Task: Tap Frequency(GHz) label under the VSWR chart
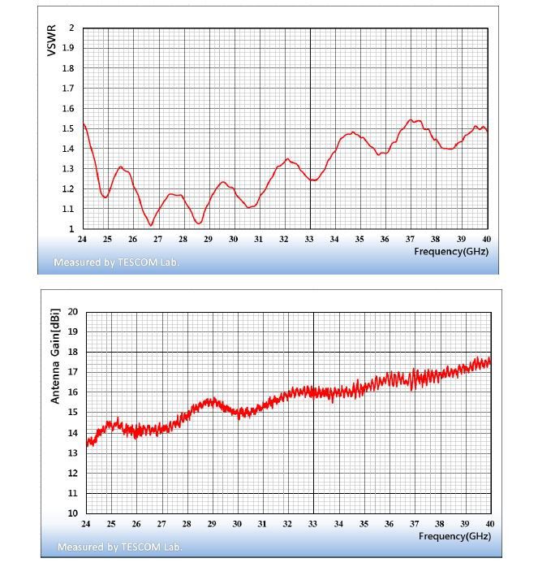(x=451, y=251)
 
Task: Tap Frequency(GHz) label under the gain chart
(x=455, y=536)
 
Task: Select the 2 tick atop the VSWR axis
(x=73, y=28)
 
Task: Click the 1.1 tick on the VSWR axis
(x=69, y=209)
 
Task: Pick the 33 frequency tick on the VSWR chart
(x=309, y=239)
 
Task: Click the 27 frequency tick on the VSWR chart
(x=157, y=239)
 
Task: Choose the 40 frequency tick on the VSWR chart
(x=486, y=239)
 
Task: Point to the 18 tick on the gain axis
(x=73, y=352)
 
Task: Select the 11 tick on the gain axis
(x=73, y=493)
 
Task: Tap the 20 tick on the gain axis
(x=73, y=312)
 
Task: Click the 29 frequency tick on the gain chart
(x=213, y=524)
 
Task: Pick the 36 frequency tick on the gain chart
(x=390, y=524)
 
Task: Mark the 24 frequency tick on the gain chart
(x=86, y=524)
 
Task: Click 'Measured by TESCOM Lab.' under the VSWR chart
(x=116, y=262)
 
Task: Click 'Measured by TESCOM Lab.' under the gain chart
(x=119, y=547)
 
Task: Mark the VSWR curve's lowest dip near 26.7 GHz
(x=151, y=225)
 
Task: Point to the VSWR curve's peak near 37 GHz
(x=411, y=120)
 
